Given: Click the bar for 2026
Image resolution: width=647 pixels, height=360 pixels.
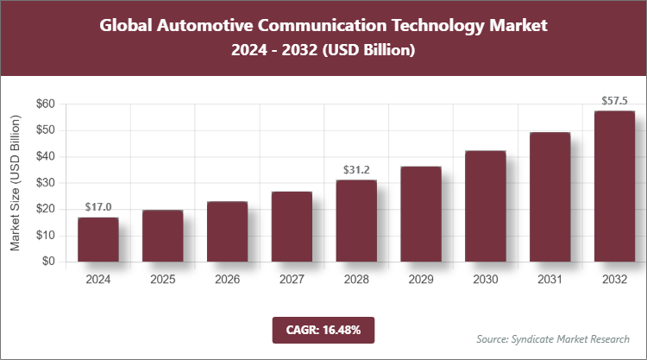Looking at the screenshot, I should (x=228, y=231).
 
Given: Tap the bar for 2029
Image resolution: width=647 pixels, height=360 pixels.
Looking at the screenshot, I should (x=421, y=214).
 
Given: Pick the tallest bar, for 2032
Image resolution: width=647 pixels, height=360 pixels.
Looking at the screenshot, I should (x=614, y=186).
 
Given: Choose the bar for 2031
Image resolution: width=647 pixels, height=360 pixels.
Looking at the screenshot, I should (x=550, y=197).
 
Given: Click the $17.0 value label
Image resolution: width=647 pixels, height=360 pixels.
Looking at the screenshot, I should (x=98, y=207).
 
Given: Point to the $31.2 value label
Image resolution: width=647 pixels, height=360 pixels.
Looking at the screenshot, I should (x=356, y=169).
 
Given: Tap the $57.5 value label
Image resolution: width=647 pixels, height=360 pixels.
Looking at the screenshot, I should (x=614, y=100).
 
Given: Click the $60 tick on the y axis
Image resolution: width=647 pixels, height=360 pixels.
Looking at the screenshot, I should (x=45, y=104).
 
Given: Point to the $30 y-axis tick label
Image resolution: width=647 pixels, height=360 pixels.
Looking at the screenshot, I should (x=45, y=183).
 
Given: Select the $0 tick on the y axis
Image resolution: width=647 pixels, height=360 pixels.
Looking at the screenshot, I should (x=48, y=262).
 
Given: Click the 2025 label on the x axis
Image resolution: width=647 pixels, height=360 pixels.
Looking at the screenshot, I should (x=163, y=280).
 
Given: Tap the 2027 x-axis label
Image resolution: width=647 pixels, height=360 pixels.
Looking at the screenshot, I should (x=292, y=280).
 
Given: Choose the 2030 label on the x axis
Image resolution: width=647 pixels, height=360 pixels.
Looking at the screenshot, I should (x=486, y=280).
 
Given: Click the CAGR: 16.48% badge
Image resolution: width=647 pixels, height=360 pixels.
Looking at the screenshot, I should (x=323, y=330).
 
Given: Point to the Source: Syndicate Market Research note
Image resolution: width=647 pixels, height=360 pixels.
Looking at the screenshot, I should (x=552, y=338).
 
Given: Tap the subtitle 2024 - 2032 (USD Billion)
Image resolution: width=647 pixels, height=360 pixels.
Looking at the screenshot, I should (x=323, y=51).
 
